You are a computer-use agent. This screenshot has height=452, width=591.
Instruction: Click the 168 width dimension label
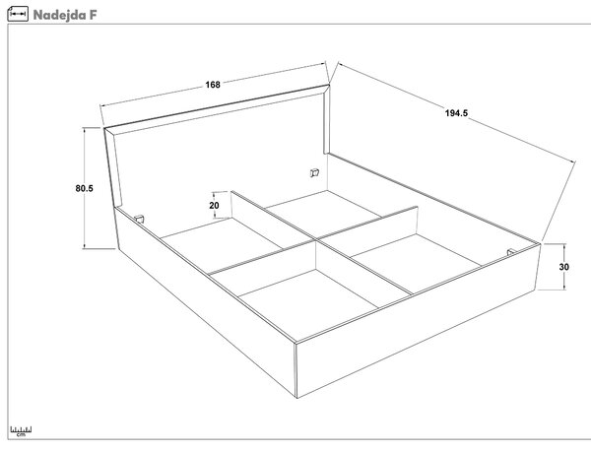tap(213, 85)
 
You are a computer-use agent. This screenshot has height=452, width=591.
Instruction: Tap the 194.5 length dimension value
tap(456, 113)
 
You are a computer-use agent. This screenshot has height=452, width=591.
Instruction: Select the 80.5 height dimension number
tap(84, 188)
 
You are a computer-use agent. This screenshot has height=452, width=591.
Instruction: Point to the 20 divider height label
tap(214, 205)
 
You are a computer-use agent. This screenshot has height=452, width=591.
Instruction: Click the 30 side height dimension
tap(563, 267)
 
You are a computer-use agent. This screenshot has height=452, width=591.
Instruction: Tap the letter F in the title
tap(94, 15)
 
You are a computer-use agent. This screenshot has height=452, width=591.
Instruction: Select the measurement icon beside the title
tap(18, 14)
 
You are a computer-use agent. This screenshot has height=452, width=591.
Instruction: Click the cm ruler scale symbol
tap(21, 431)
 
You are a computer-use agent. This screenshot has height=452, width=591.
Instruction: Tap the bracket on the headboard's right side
tap(314, 173)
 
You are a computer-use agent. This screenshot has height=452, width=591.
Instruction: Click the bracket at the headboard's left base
tap(139, 219)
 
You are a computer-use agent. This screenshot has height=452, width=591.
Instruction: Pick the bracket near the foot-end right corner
tap(511, 252)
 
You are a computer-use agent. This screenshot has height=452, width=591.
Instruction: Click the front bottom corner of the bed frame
tap(297, 398)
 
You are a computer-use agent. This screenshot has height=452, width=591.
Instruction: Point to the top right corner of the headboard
tap(329, 85)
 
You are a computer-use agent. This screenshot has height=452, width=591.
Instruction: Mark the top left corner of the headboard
tap(104, 128)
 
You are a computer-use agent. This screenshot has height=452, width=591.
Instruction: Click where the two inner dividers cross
tap(315, 239)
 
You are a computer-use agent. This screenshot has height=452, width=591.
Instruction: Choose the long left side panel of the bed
tap(206, 301)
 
